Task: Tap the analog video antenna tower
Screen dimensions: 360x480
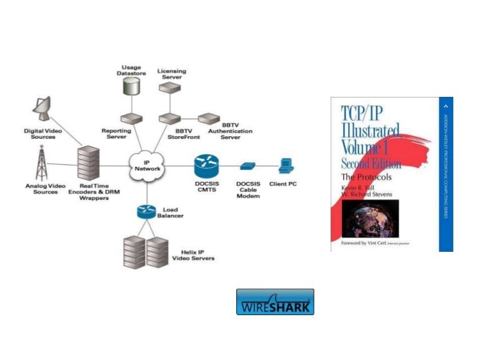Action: pyautogui.click(x=42, y=164)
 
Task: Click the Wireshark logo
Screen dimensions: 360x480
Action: pyautogui.click(x=275, y=302)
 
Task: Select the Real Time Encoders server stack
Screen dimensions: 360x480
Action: pyautogui.click(x=87, y=164)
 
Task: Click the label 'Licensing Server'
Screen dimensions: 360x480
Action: pyautogui.click(x=171, y=74)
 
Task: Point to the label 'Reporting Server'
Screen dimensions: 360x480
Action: pyautogui.click(x=117, y=134)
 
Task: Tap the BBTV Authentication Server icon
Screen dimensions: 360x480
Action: pyautogui.click(x=209, y=117)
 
